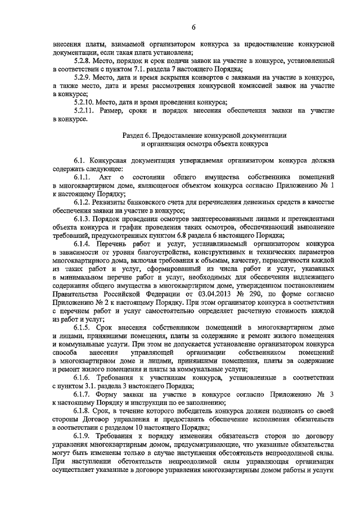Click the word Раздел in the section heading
[134, 136]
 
